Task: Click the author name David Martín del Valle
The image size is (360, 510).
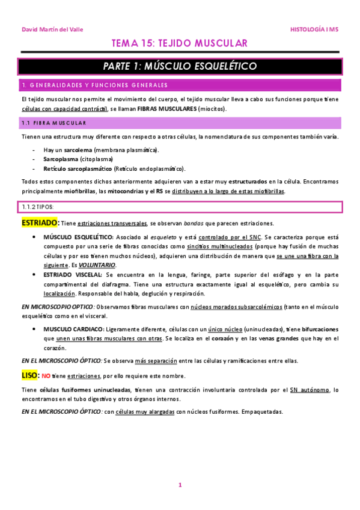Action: [53, 29]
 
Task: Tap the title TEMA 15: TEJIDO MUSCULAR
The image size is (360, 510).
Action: [180, 44]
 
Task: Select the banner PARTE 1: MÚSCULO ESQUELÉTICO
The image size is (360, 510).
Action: [180, 66]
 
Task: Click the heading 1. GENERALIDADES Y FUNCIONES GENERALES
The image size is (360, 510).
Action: [94, 85]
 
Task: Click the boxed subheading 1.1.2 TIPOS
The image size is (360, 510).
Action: [37, 206]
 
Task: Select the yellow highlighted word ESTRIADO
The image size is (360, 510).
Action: [39, 223]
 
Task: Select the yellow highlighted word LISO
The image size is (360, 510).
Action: [30, 375]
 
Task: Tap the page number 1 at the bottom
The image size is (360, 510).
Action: [180, 485]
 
